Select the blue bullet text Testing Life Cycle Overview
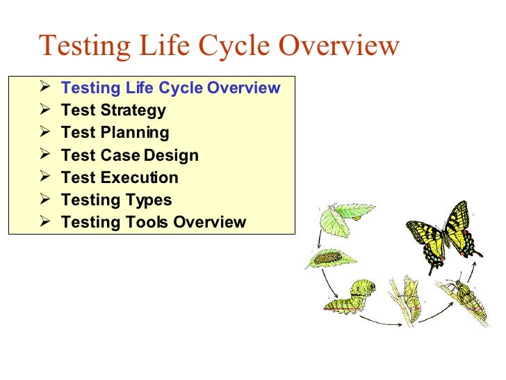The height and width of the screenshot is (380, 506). pyautogui.click(x=170, y=88)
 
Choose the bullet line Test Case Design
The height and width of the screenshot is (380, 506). pyautogui.click(x=129, y=155)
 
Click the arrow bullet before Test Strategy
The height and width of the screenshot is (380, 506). pyautogui.click(x=45, y=110)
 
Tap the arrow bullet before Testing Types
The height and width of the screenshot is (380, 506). pyautogui.click(x=45, y=200)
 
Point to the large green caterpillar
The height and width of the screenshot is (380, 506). pyautogui.click(x=351, y=295)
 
